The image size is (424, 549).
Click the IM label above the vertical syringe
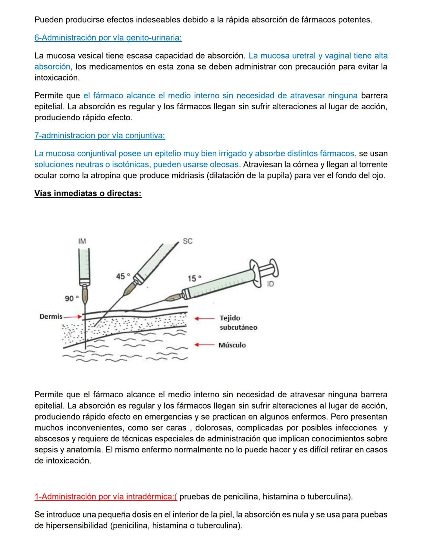tap(82, 241)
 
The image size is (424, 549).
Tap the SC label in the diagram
tap(188, 241)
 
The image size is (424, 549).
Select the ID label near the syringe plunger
tap(270, 284)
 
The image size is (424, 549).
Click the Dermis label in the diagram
tap(51, 316)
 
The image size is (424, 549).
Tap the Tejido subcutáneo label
tap(238, 323)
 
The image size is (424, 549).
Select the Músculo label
tap(232, 345)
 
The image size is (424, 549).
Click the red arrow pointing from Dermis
tap(73, 316)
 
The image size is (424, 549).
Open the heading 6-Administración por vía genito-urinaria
tap(108, 38)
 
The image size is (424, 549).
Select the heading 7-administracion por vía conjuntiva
tap(100, 136)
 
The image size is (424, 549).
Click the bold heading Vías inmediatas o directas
tap(88, 194)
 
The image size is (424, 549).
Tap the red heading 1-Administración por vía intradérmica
tap(106, 497)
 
